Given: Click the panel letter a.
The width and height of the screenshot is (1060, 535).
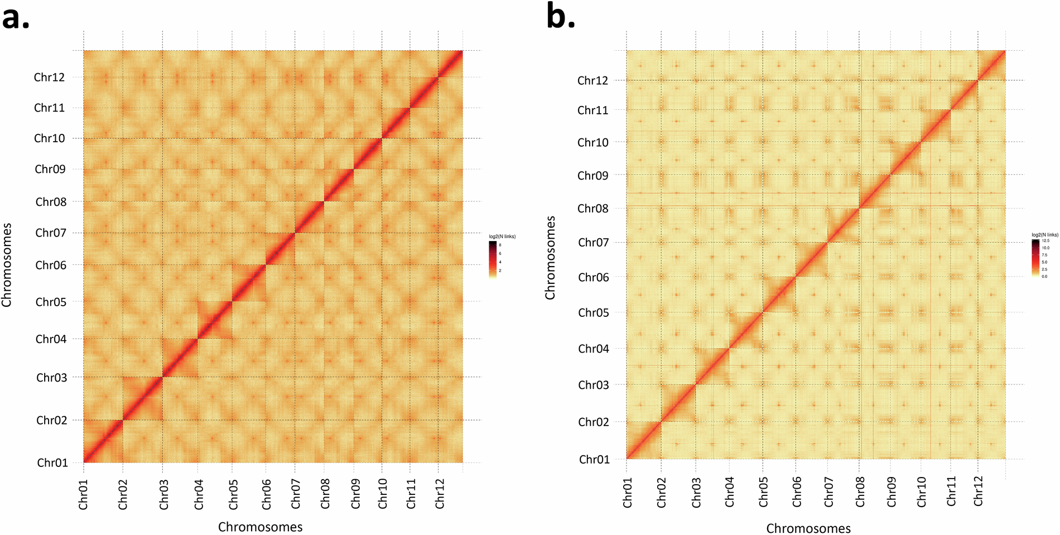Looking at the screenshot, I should tap(15, 18).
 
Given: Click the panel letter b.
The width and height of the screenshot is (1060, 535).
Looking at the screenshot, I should tap(560, 17).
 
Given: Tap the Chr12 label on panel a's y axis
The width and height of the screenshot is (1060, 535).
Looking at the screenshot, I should tap(49, 78).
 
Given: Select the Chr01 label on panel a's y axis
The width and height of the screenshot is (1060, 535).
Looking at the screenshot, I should tap(52, 462).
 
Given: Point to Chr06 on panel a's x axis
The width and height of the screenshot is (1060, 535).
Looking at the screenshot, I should tap(267, 494).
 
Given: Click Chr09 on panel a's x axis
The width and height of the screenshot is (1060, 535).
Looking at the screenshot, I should tap(355, 494).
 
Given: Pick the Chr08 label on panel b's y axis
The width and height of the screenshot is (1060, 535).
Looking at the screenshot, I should tap(593, 209).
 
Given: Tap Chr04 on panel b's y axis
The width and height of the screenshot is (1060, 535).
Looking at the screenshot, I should tap(594, 349).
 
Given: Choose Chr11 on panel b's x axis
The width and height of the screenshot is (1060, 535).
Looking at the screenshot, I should tap(952, 491).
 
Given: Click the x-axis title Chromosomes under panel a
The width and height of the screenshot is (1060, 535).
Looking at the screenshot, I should tap(260, 527).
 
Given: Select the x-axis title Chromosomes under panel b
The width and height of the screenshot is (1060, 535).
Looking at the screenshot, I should tap(808, 528).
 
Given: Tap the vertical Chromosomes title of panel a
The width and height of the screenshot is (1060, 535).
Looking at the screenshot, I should tap(7, 265).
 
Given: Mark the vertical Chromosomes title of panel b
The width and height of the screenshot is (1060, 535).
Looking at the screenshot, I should tap(550, 258).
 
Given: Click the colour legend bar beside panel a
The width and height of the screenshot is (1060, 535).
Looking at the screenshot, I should tap(493, 259).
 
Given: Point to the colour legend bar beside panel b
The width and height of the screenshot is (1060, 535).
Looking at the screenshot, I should tap(1035, 258).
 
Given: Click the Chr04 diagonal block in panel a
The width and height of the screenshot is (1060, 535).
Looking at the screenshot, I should tap(214, 320).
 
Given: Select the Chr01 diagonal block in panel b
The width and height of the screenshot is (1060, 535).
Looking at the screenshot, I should tap(644, 441).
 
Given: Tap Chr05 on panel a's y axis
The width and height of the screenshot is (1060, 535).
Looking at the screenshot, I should tap(51, 302).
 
